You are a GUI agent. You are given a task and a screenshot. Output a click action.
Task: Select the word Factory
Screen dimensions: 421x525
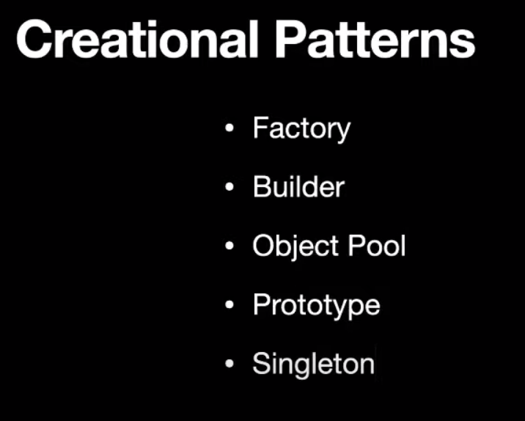pyautogui.click(x=301, y=129)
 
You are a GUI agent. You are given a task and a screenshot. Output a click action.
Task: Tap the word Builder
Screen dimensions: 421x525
pyautogui.click(x=298, y=187)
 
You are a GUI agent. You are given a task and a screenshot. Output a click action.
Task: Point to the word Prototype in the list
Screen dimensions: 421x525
pyautogui.click(x=316, y=304)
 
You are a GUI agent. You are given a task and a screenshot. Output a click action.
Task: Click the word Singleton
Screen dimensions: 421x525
pyautogui.click(x=313, y=364)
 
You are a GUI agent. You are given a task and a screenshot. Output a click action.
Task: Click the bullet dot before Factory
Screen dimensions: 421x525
pyautogui.click(x=230, y=129)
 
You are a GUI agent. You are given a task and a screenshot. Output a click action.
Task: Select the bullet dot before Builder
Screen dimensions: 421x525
pyautogui.click(x=230, y=188)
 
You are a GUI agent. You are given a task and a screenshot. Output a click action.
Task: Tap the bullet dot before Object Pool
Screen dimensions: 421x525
pyautogui.click(x=230, y=246)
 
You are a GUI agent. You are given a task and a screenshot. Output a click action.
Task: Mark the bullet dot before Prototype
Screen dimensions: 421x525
pyautogui.click(x=230, y=304)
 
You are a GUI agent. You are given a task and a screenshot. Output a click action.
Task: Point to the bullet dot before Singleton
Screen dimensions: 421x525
pyautogui.click(x=230, y=363)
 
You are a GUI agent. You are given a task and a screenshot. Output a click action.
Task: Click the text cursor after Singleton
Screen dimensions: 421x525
pyautogui.click(x=375, y=362)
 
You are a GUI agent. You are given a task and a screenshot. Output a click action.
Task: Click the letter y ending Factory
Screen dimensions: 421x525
pyautogui.click(x=343, y=132)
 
